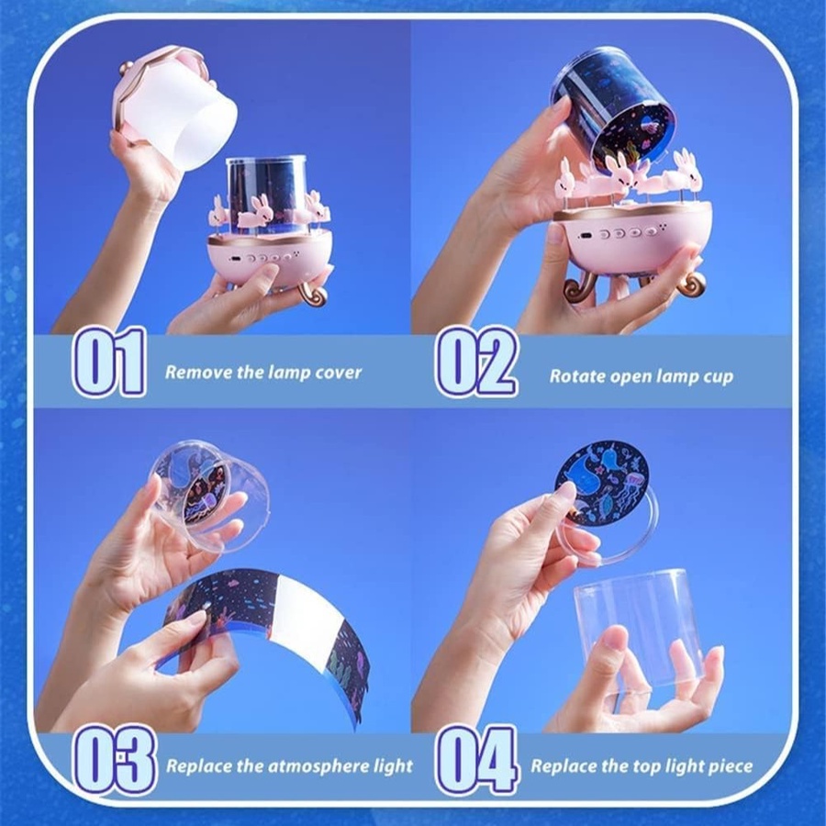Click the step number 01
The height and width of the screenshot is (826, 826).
pos(109,362)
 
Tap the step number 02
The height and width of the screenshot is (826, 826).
pos(476,362)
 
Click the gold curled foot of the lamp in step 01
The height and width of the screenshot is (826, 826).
pos(313,294)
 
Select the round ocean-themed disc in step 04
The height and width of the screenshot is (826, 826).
pos(604,483)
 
